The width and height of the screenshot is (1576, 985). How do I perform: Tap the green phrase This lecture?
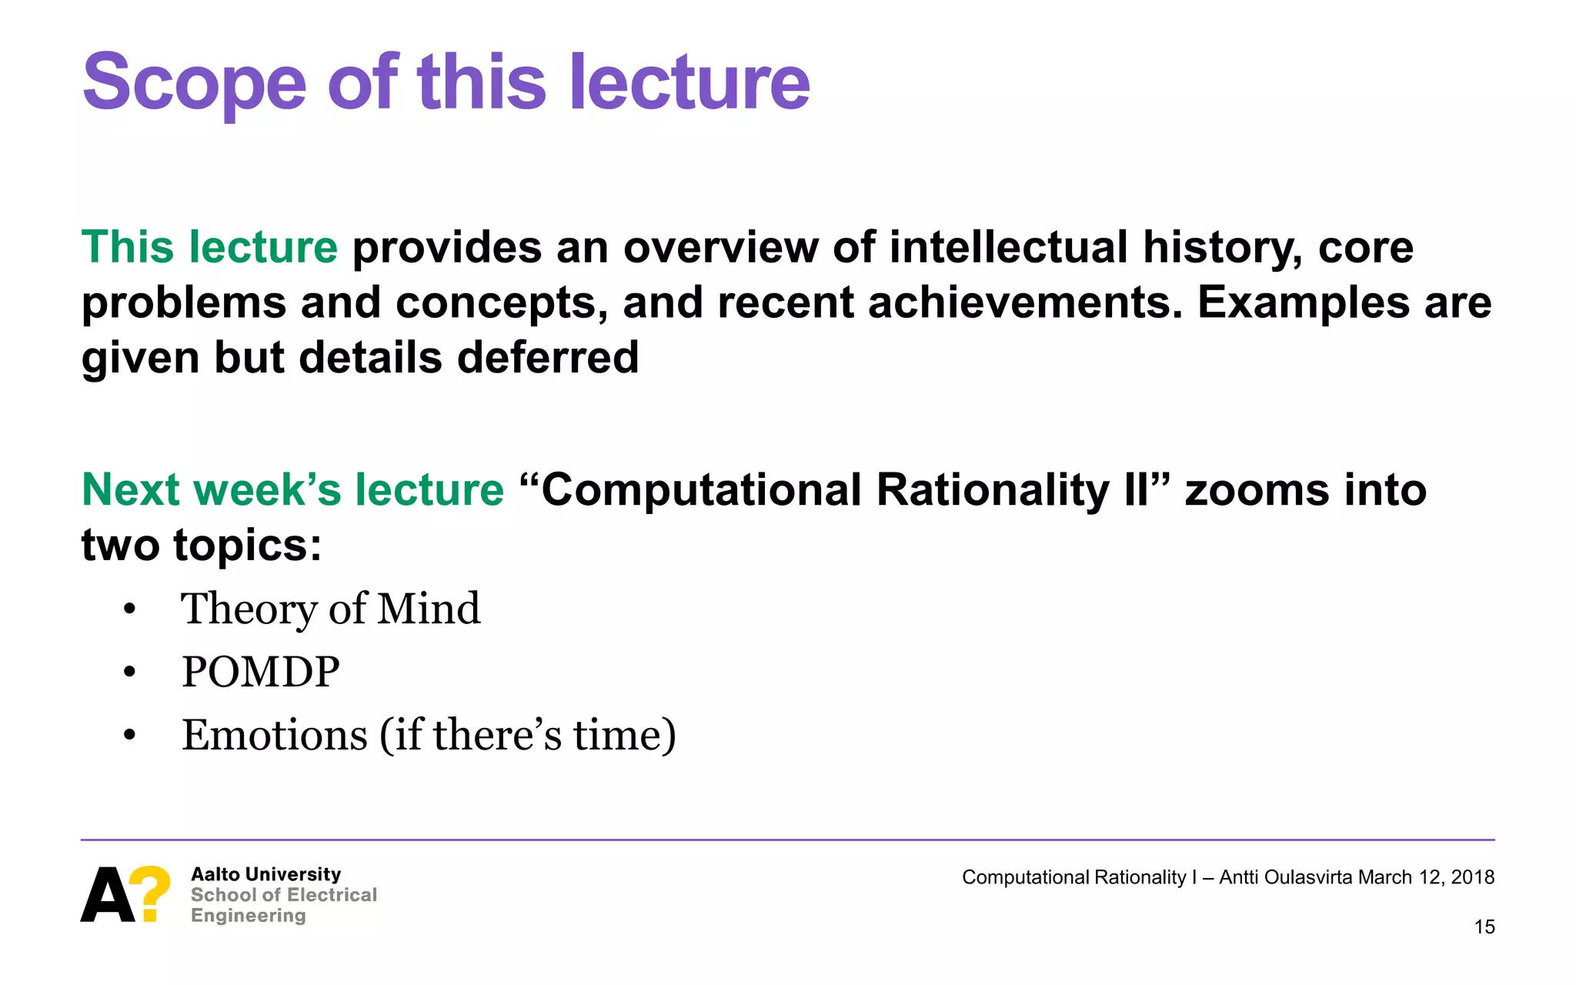209,248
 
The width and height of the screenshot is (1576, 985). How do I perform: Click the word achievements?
1025,302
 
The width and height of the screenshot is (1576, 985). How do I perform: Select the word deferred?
548,358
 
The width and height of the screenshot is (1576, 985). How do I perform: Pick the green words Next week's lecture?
292,489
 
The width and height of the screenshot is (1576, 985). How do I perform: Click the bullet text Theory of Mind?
330,609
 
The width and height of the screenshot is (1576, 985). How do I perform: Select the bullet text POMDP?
260,672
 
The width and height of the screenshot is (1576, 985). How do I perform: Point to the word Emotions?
275,735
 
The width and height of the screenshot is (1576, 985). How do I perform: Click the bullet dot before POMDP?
129,673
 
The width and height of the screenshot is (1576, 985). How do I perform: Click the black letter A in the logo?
106,895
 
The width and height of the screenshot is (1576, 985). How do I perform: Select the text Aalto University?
265,874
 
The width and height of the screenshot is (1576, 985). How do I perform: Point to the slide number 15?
1484,927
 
